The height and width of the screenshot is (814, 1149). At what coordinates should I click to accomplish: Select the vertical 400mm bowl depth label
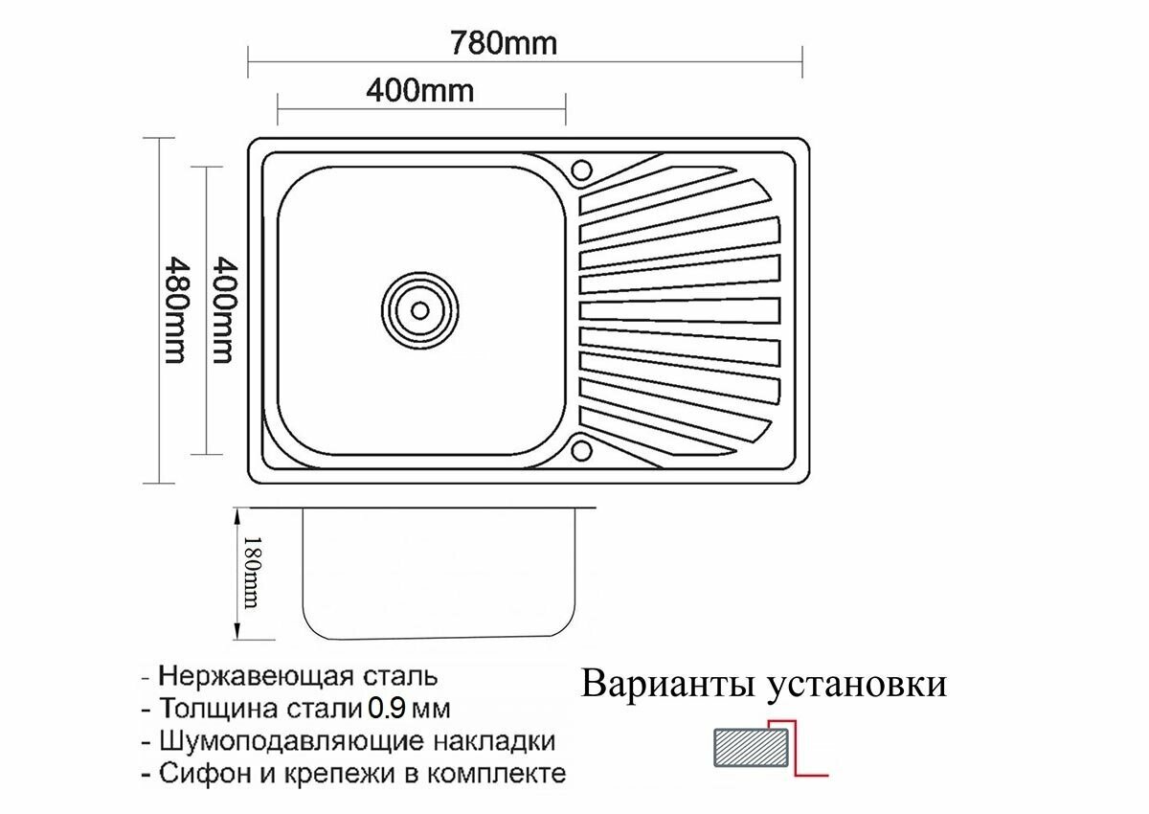pyautogui.click(x=221, y=308)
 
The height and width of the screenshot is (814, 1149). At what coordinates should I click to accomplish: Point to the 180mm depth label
pyautogui.click(x=251, y=571)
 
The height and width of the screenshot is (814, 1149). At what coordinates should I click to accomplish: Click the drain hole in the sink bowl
pyautogui.click(x=418, y=308)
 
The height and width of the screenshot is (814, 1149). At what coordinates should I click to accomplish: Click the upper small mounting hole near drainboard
pyautogui.click(x=581, y=170)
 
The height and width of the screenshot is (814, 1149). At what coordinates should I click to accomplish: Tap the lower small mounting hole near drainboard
pyautogui.click(x=581, y=448)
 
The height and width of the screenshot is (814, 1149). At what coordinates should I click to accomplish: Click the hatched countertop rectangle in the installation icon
pyautogui.click(x=752, y=747)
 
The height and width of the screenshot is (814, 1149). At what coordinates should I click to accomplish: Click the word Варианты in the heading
pyautogui.click(x=662, y=686)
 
